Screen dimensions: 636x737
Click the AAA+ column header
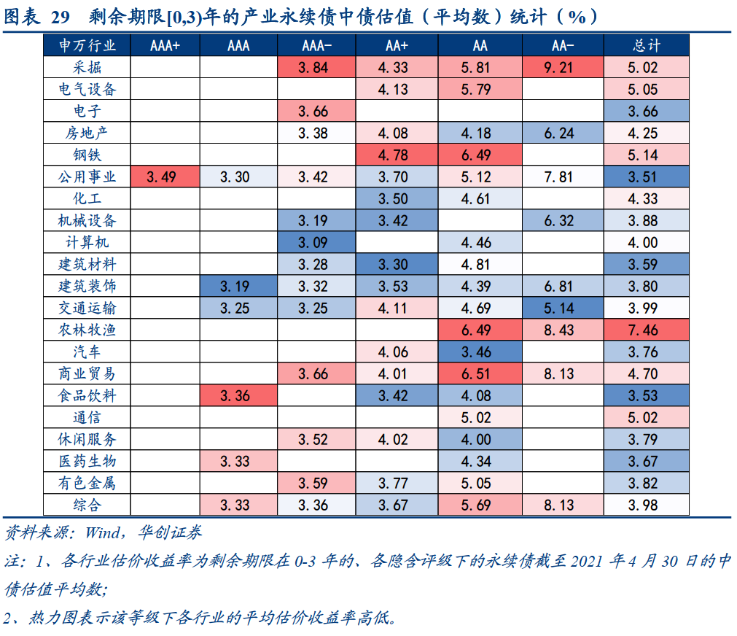pos(165,46)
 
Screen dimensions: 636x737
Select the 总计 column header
pos(646,46)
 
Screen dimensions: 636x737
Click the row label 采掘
pos(87,68)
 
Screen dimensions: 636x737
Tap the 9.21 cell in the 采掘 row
pos(562,68)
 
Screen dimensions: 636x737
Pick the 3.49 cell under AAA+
pos(165,177)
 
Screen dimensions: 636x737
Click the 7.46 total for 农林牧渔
pos(646,330)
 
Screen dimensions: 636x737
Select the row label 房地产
pos(87,133)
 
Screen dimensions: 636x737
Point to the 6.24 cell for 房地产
pos(562,133)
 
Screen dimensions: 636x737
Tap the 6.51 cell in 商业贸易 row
pos(480,374)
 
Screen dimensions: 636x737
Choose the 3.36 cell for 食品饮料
pos(238,396)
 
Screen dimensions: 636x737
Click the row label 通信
pos(87,418)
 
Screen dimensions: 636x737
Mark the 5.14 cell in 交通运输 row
pos(562,309)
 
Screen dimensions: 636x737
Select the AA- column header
pos(562,46)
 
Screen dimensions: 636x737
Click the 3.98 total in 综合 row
pos(646,505)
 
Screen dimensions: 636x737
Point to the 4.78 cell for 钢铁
pos(397,155)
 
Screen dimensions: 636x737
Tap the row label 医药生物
pos(87,462)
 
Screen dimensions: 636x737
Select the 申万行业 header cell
pos(87,46)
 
